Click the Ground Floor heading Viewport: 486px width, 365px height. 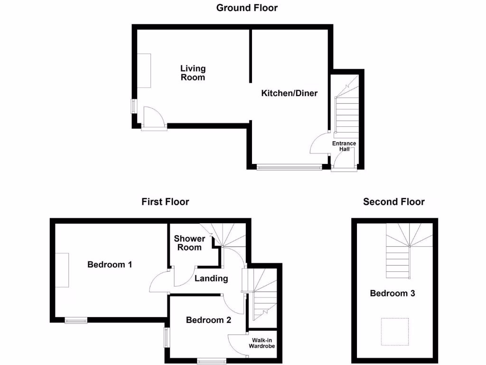pos(247,8)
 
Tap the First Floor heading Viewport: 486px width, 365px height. pos(165,202)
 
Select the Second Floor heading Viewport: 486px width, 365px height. pos(393,202)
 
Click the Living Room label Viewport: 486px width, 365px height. pos(193,73)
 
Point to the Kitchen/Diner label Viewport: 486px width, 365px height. pos(289,93)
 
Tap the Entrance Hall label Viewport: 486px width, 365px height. pos(344,146)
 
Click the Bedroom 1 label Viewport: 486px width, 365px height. pos(110,264)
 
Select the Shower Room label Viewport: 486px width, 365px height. pos(189,243)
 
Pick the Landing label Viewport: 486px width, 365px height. pos(211,279)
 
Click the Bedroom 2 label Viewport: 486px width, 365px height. pos(208,320)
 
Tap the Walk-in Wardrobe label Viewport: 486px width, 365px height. pos(262,343)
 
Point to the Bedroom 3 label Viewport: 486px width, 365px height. pos(393,293)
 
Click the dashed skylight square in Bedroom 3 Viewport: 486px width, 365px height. pos(395,332)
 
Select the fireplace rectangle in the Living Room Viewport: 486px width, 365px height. pos(144,70)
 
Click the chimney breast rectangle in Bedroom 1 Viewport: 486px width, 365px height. pos(62,270)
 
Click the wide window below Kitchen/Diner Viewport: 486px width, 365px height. pos(289,167)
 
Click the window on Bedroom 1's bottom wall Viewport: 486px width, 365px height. pos(76,320)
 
